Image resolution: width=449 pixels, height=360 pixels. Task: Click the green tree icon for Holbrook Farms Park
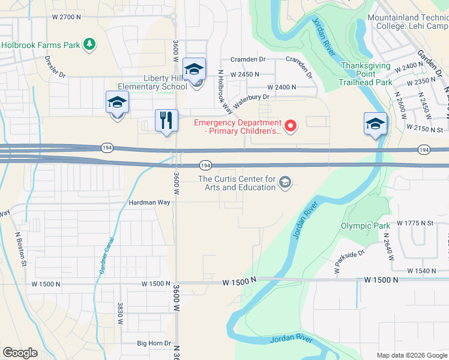[x=89, y=44]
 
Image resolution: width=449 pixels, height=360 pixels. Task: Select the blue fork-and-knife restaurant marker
[x=165, y=120]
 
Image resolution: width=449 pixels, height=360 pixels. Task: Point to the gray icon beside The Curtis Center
[x=285, y=183]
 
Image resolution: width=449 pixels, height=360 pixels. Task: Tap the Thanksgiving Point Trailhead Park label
[x=366, y=74]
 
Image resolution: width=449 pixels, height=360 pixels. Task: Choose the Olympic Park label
[x=362, y=226]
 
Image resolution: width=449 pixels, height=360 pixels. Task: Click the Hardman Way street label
[x=149, y=203]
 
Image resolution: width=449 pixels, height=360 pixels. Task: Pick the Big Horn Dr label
[x=154, y=343]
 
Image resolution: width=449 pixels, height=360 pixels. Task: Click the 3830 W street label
[x=121, y=313]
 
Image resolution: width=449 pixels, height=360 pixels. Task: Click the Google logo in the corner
[x=20, y=353]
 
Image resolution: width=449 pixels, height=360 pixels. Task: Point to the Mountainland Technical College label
[x=408, y=22]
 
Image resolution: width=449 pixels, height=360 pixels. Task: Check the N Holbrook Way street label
[x=225, y=91]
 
